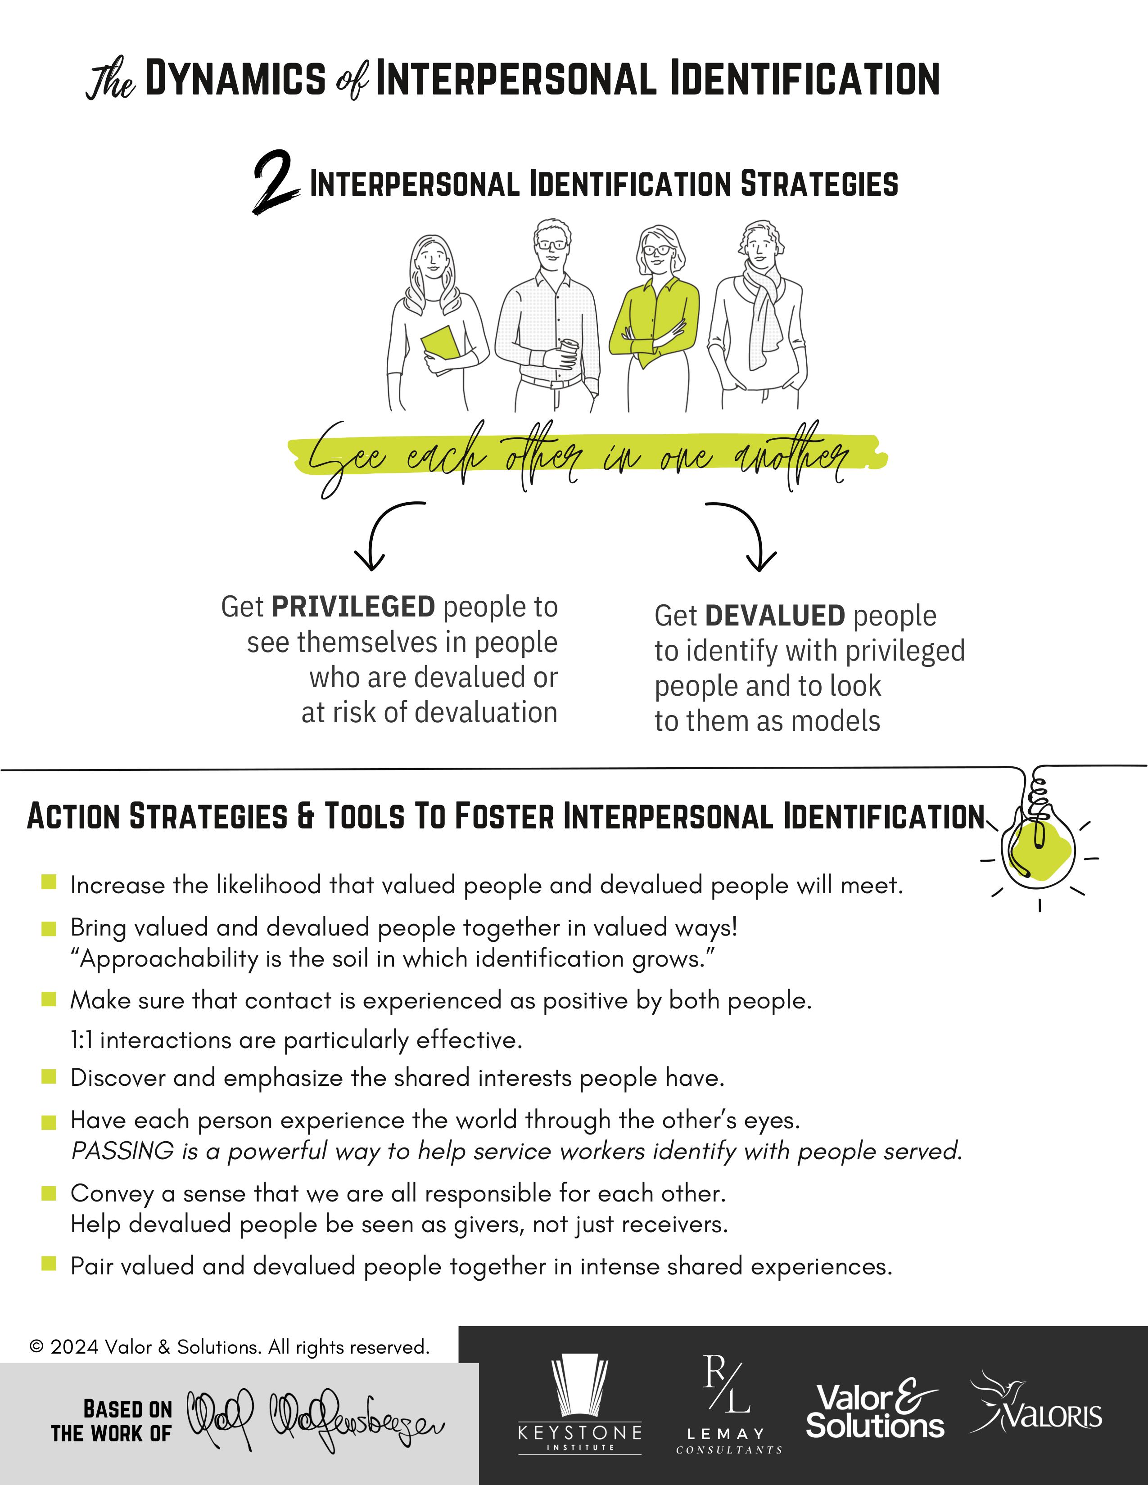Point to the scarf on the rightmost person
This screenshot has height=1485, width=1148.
pos(762,306)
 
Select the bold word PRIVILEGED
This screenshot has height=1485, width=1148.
pos(353,607)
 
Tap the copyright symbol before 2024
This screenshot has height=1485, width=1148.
pos(37,1346)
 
